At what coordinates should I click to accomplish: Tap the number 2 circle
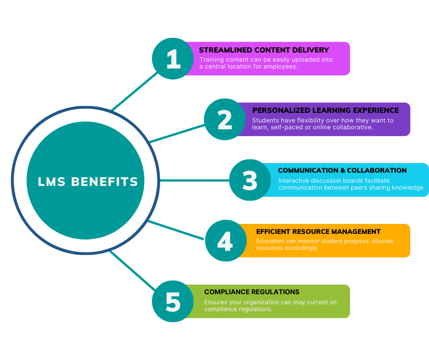[225, 119]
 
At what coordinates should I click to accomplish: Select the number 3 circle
[250, 180]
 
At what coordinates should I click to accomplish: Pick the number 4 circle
[225, 241]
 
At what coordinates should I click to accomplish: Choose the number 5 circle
[173, 301]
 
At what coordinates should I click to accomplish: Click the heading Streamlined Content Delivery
[264, 50]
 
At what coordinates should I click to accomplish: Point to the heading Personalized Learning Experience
[325, 110]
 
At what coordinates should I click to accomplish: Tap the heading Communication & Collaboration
[342, 170]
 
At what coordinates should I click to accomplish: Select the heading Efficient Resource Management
[318, 232]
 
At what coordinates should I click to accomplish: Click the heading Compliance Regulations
[251, 292]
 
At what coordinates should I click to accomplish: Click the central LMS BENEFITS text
[88, 181]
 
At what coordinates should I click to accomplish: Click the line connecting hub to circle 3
[194, 180]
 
